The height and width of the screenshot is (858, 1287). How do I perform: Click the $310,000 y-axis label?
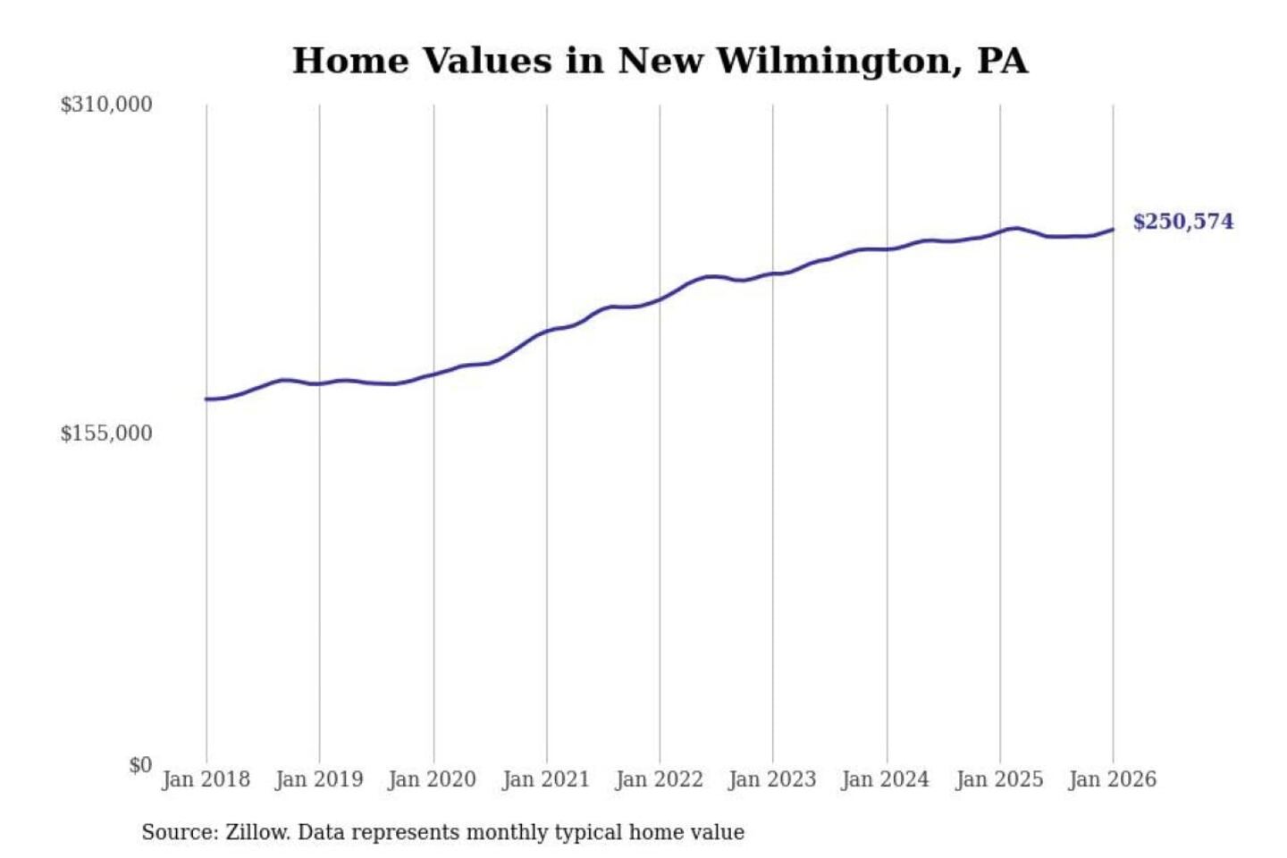105,105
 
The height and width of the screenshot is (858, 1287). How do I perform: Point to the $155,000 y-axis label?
105,433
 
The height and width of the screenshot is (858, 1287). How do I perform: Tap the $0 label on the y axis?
139,765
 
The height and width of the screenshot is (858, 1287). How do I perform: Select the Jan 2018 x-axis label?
206,779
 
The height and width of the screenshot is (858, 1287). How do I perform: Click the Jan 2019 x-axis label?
319,779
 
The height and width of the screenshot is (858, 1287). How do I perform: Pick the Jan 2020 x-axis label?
433,779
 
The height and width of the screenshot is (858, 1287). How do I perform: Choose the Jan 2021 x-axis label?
546,779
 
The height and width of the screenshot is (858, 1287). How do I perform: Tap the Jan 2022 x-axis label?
660,779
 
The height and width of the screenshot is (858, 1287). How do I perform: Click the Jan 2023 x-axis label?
772,779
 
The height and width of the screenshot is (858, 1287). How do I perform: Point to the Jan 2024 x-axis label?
886,779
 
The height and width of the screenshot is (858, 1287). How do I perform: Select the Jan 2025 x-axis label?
999,779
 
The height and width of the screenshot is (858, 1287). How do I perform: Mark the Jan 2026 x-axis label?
1113,779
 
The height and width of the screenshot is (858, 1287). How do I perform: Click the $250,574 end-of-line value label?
1182,222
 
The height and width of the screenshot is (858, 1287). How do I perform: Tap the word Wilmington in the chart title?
838,61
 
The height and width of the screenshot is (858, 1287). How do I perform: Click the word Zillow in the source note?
257,832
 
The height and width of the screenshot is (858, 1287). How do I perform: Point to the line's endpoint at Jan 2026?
1113,230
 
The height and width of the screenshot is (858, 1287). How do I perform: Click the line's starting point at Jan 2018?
206,399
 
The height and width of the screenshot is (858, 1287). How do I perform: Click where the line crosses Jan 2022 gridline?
660,299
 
